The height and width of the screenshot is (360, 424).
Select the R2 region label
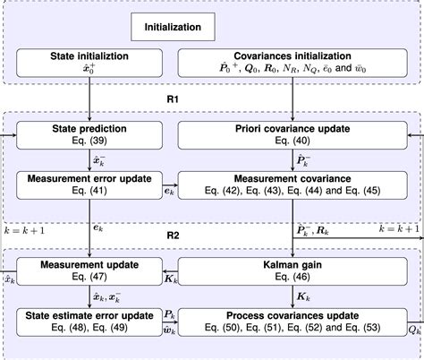tap(174, 236)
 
